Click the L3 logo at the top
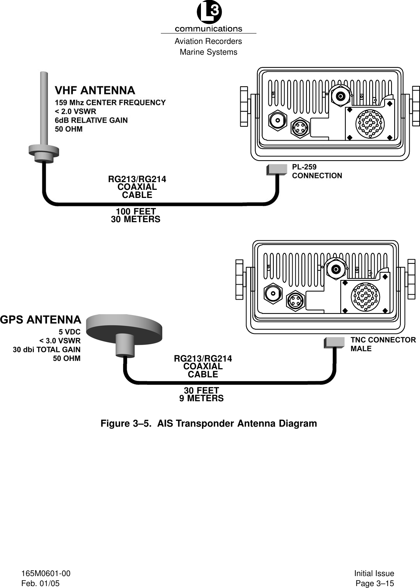coord(209,13)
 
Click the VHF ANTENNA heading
coord(95,90)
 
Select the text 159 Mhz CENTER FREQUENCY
coord(110,102)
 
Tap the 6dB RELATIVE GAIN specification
coord(91,120)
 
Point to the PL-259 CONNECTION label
coord(316,171)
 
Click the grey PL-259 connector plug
coord(277,169)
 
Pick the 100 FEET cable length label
coord(136,211)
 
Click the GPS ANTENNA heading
coord(41,320)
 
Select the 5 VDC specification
coord(69,332)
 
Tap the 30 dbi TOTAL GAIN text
coord(47,350)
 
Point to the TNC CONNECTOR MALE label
coord(383,344)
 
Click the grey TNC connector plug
coord(334,342)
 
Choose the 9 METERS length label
coord(201,399)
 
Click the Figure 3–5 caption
coord(209,424)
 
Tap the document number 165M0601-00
coord(46,573)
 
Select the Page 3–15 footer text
coord(375,583)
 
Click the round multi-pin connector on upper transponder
coord(370,123)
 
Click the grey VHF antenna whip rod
coord(44,108)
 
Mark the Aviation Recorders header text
coord(208,41)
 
